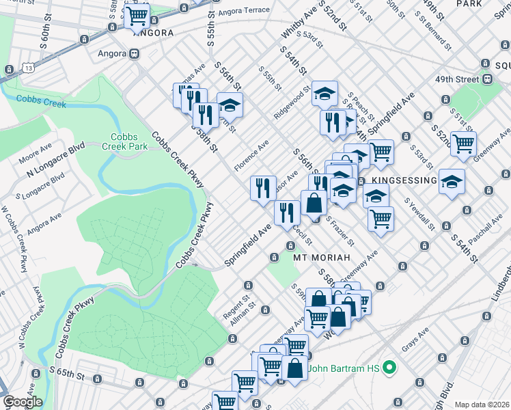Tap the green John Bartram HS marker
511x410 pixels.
390,369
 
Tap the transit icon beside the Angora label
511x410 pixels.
135,53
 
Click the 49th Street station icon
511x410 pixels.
488,79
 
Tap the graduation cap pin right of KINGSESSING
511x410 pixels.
452,182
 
